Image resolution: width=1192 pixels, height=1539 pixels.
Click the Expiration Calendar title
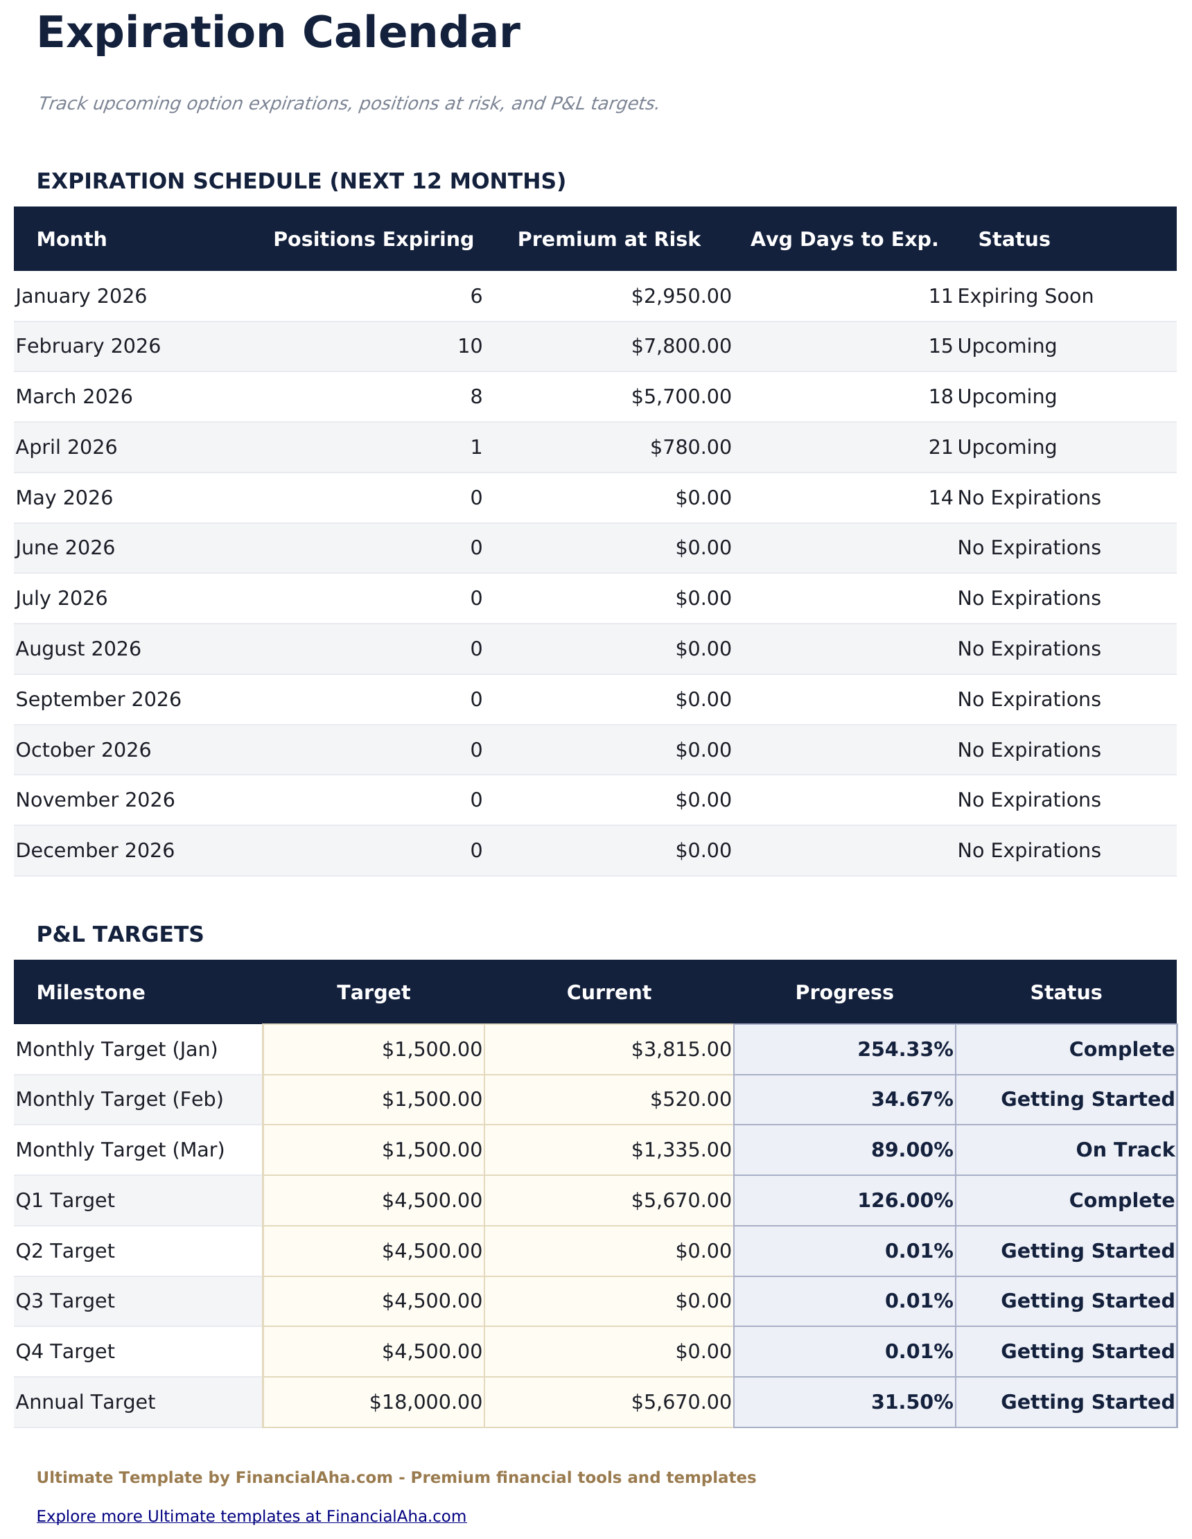278,34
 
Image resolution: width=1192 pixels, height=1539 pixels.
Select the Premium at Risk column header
608,240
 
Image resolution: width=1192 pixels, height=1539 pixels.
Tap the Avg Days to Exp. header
844,240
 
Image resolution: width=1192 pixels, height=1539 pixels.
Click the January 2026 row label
81,297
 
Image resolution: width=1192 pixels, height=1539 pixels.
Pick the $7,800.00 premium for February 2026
681,346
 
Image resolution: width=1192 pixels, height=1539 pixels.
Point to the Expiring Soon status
1025,297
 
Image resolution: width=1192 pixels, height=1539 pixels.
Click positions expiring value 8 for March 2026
476,398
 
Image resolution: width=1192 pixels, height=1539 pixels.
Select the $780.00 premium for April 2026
690,448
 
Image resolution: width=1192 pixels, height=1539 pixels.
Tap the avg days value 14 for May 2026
940,498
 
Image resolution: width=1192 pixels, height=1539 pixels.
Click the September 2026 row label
98,700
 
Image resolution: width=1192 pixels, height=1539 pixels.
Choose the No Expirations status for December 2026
1028,851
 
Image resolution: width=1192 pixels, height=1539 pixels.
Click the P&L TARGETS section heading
120,935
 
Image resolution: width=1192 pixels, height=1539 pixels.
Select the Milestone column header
90,993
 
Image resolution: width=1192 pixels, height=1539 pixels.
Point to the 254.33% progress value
904,1050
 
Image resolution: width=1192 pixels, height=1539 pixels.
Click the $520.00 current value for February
690,1100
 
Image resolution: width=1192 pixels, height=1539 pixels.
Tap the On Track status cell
1124,1150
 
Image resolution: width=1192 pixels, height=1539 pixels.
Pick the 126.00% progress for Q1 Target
904,1201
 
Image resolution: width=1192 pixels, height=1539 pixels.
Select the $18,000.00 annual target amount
425,1402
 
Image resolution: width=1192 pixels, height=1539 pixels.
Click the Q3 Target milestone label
65,1301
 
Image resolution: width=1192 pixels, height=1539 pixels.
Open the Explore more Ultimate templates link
251,1515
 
